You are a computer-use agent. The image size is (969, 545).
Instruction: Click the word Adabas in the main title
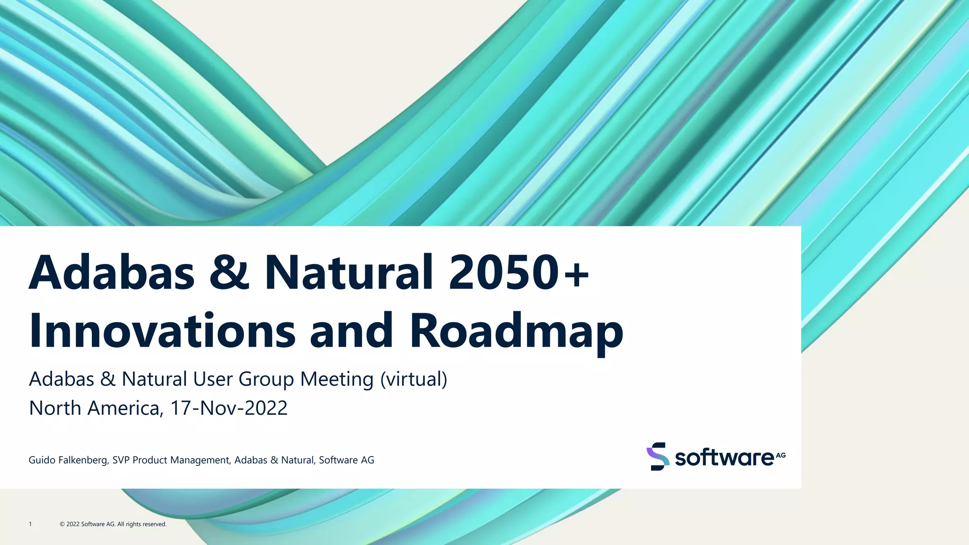pos(112,273)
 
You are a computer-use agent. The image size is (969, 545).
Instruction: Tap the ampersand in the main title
pos(229,273)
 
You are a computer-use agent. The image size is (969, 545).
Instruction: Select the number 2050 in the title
pos(503,273)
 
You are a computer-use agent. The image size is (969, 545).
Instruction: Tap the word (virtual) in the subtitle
pos(414,379)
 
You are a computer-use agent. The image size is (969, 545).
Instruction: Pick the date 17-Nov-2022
pos(229,408)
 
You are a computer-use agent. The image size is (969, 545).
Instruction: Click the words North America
pos(94,408)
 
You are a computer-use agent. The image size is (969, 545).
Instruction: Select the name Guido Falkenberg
pos(68,460)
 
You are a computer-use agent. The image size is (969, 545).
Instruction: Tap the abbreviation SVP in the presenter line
pos(121,460)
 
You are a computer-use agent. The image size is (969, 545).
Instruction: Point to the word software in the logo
pos(724,458)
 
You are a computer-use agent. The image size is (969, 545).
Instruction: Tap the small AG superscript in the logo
pos(781,455)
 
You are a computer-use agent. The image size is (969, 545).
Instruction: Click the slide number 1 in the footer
pos(30,524)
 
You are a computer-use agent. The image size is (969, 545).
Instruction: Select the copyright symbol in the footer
pos(62,524)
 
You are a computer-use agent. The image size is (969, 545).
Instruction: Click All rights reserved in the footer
pos(142,524)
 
